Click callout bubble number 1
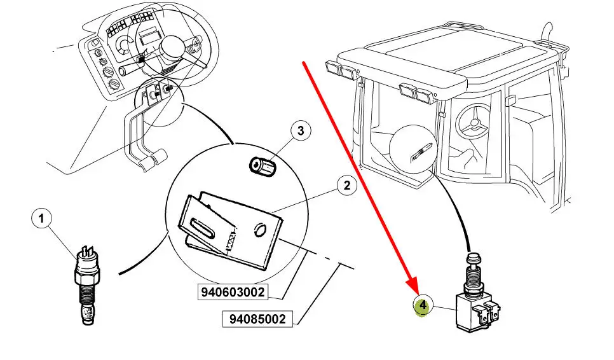coord(42,219)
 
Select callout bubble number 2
coord(346,185)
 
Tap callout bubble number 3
coord(301,131)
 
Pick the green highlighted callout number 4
coord(423,305)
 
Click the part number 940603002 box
coord(233,292)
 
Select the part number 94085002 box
coord(257,319)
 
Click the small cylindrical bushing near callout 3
coord(263,167)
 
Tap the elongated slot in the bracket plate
coord(203,229)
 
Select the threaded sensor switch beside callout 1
coord(87,286)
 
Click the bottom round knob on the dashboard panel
coord(114,85)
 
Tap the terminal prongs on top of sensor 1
coord(87,251)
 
